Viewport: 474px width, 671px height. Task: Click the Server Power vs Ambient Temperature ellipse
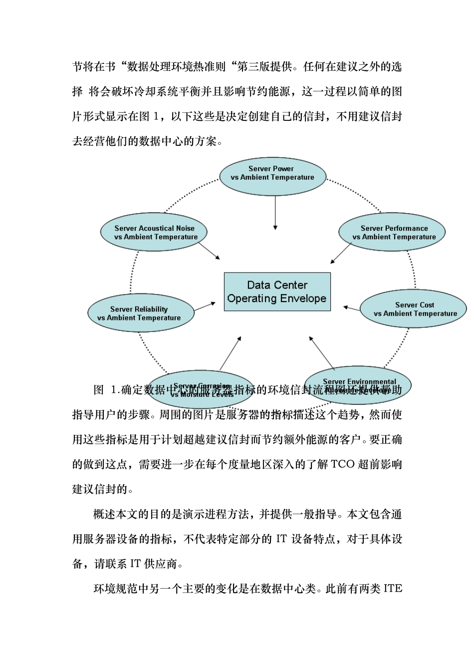pyautogui.click(x=272, y=176)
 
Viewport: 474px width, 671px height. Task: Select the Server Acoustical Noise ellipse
pyautogui.click(x=154, y=233)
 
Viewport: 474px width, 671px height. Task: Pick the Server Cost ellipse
pyautogui.click(x=414, y=309)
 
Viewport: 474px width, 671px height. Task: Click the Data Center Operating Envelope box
pyautogui.click(x=277, y=292)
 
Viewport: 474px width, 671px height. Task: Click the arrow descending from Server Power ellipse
pyautogui.click(x=275, y=212)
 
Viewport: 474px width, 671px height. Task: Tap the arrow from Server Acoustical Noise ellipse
pyautogui.click(x=210, y=251)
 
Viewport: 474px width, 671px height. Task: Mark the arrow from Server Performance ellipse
pyautogui.click(x=341, y=253)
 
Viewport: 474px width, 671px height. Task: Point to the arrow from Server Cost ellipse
pyautogui.click(x=352, y=309)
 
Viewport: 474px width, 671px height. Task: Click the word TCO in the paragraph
pyautogui.click(x=342, y=464)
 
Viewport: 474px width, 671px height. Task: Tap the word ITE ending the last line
pyautogui.click(x=393, y=589)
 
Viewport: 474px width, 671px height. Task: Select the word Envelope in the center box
pyautogui.click(x=302, y=299)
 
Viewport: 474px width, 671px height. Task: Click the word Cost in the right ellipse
pyautogui.click(x=425, y=305)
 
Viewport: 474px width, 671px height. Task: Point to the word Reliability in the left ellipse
pyautogui.click(x=151, y=309)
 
